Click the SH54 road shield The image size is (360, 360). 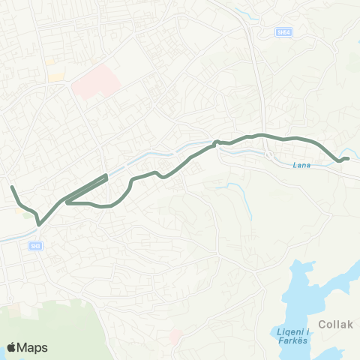coord(283,31)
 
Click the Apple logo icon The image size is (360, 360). coord(12,347)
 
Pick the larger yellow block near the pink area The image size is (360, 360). coord(56,76)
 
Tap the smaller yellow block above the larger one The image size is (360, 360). coord(49,61)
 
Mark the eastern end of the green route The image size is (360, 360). coord(349,157)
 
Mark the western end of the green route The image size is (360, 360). coord(11,186)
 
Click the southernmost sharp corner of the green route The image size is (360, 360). coord(39,222)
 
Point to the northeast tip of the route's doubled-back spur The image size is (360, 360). coord(106,175)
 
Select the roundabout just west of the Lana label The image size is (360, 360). coord(269,155)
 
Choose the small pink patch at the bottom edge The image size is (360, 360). coord(177,333)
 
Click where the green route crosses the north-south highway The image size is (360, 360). coord(262,135)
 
